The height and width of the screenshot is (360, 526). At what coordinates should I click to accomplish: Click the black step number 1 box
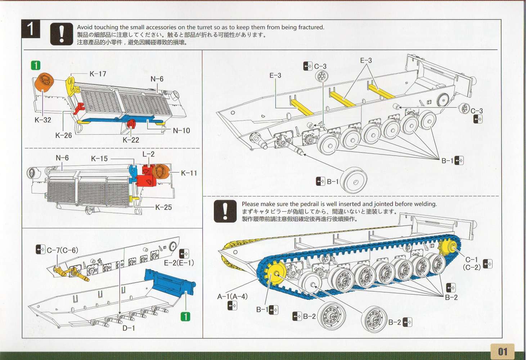point(31,29)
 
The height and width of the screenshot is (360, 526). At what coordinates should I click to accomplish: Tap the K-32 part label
point(43,120)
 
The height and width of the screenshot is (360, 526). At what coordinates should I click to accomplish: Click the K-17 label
point(98,74)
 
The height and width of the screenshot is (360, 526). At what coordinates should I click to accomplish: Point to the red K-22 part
point(131,124)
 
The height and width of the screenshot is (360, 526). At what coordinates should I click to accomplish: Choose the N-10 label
point(181,130)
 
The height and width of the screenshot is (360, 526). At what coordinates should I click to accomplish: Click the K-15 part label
point(99,158)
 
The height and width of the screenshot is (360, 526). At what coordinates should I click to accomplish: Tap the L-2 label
point(148,154)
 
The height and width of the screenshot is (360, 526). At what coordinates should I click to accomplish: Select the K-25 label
point(163,207)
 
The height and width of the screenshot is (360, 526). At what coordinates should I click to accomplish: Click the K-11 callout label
point(189,173)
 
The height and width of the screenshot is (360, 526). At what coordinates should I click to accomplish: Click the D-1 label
point(129,328)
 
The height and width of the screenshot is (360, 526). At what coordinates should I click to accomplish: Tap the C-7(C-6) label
point(62,250)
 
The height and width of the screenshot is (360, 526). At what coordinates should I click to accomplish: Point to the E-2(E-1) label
point(179,262)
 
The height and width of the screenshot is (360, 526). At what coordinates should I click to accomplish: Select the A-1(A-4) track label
point(232,296)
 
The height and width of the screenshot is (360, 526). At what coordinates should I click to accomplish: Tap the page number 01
point(502,351)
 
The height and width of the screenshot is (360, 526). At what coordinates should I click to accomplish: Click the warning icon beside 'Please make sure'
point(225,211)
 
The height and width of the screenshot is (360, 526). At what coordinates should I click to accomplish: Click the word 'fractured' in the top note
point(310,27)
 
